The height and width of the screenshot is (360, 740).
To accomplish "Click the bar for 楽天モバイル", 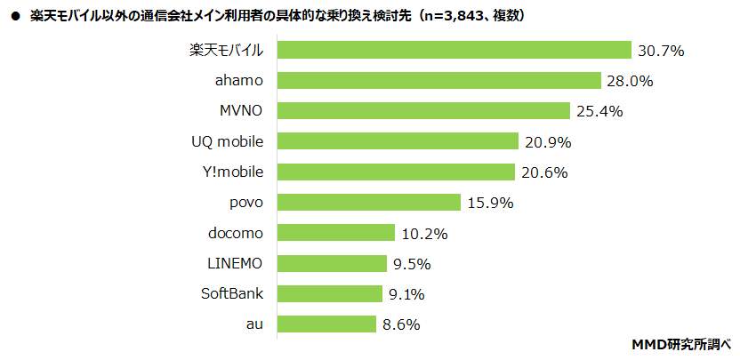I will coord(454,51).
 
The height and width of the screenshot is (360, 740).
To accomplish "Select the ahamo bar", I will coord(439,81).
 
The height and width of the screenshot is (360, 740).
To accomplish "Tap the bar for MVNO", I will coord(423,111).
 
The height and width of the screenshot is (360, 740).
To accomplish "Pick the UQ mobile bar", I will coord(398,141).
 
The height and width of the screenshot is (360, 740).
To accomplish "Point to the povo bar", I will coord(369,202).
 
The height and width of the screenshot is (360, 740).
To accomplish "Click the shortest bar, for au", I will coord(326,324).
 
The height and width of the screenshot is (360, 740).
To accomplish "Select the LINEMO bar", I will coord(332,263).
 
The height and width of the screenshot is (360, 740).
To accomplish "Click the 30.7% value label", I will coord(660,51).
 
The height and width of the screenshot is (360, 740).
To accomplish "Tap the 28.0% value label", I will coord(630,81).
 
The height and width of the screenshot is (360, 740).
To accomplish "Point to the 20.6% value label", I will coord(543,172).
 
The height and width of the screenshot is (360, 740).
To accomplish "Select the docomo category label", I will coord(236,233).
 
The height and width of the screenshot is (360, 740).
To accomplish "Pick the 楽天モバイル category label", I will coord(228,51).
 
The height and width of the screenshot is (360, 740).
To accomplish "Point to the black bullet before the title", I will coord(14,16).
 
